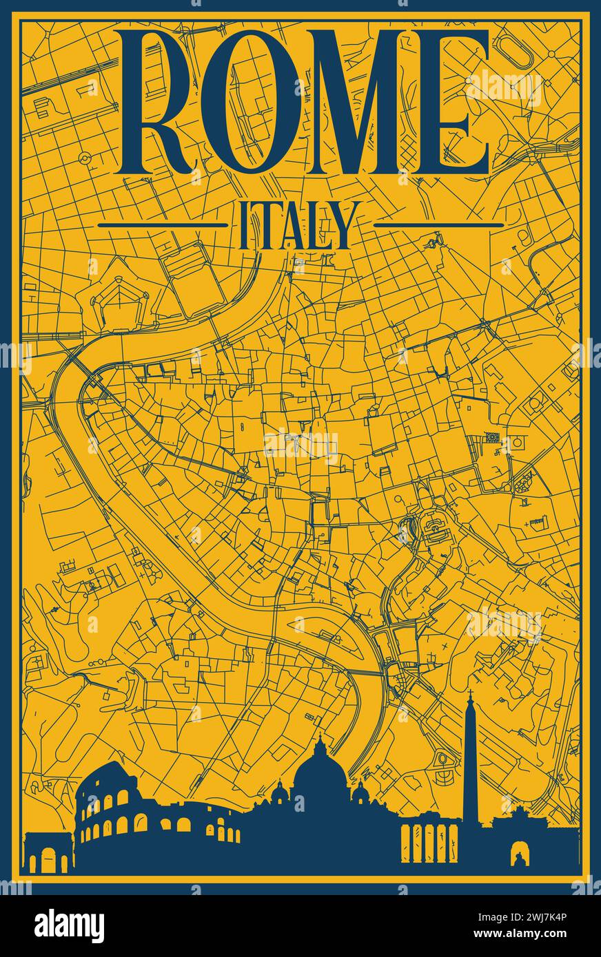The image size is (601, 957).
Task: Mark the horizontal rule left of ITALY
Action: coord(162,224)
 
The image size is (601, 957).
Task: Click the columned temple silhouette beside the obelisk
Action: coord(429,843)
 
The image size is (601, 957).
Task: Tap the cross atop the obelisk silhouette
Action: coord(471,693)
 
